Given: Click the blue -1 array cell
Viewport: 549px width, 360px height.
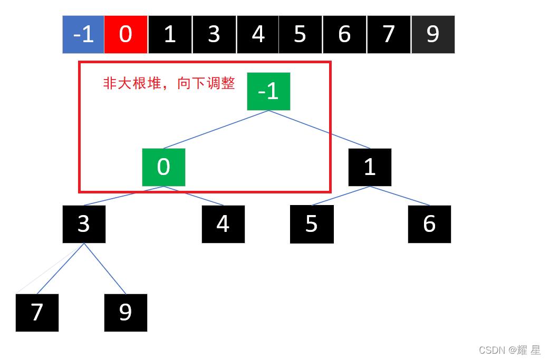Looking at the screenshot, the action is [83, 34].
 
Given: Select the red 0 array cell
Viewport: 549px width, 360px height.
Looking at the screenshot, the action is [126, 34].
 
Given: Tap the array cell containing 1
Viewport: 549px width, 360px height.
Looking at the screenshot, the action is [170, 34].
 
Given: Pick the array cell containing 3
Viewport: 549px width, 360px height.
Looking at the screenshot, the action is [214, 34].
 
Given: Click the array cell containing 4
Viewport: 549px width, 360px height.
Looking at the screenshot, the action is [258, 34].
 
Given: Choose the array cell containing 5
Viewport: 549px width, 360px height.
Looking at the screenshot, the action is [300, 34].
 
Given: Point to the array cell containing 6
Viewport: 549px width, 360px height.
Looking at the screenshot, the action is [344, 34].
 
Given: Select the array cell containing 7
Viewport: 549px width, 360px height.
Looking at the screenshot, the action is [389, 34].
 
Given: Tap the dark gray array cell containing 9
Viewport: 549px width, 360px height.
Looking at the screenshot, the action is [432, 34].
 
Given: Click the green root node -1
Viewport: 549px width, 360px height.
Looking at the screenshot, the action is [268, 91].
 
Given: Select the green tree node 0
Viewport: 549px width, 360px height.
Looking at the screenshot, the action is [163, 167].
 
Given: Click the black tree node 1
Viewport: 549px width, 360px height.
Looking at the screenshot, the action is [370, 167].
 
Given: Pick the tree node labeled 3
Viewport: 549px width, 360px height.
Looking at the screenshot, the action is [84, 224].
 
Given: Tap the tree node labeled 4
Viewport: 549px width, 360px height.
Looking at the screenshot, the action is [223, 224].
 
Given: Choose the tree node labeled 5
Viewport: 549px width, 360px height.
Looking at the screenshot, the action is [312, 224].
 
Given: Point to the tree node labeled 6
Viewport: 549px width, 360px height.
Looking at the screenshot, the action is [429, 224].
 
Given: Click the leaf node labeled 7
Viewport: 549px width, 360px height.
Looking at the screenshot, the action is [37, 313].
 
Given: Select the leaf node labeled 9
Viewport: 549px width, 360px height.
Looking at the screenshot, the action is [126, 313].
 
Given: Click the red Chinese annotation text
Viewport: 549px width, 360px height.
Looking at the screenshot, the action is [169, 83].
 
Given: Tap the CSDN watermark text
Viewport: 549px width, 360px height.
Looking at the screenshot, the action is [509, 350].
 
